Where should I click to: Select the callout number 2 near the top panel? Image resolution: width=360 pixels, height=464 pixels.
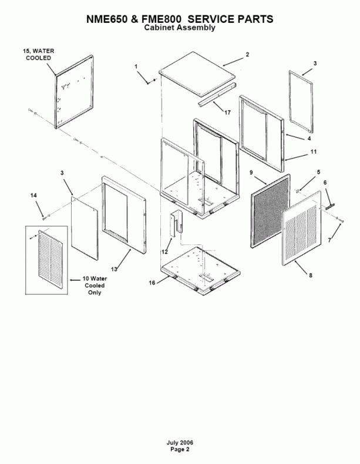pyautogui.click(x=247, y=54)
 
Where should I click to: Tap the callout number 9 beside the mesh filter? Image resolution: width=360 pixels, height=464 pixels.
pyautogui.click(x=251, y=173)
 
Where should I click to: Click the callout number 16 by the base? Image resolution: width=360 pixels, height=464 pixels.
pyautogui.click(x=152, y=283)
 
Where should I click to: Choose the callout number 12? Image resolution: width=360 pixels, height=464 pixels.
pyautogui.click(x=165, y=251)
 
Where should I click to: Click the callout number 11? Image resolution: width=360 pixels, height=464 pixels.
pyautogui.click(x=314, y=152)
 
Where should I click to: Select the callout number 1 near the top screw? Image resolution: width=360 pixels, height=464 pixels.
pyautogui.click(x=136, y=67)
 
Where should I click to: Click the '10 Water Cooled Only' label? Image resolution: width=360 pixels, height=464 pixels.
pyautogui.click(x=93, y=285)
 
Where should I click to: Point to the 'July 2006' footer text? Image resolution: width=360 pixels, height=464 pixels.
pyautogui.click(x=180, y=442)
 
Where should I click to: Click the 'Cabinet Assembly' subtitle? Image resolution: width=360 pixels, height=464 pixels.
pyautogui.click(x=180, y=28)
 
